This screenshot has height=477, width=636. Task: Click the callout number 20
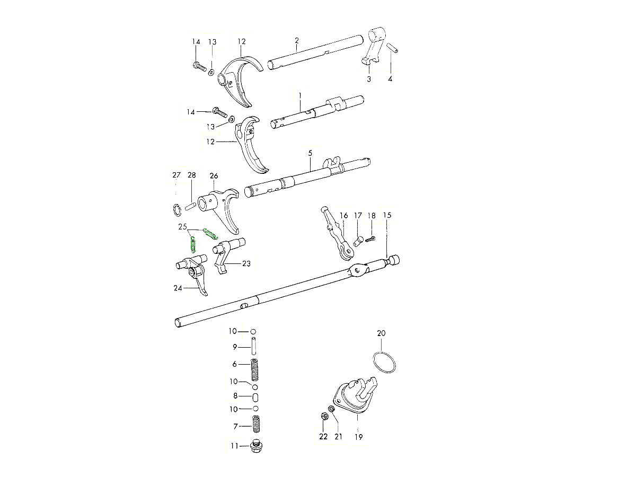tap(382, 333)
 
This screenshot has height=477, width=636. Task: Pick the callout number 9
tap(234, 347)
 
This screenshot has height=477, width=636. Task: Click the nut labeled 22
tap(324, 416)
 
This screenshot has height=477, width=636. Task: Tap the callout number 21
tap(338, 437)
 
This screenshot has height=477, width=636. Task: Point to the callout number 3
tap(369, 78)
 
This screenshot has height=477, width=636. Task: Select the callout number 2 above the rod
tap(297, 40)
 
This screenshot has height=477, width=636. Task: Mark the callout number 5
tap(310, 153)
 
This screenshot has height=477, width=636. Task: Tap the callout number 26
tap(214, 175)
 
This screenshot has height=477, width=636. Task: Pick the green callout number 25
tap(183, 227)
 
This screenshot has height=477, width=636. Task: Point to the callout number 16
tap(344, 215)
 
